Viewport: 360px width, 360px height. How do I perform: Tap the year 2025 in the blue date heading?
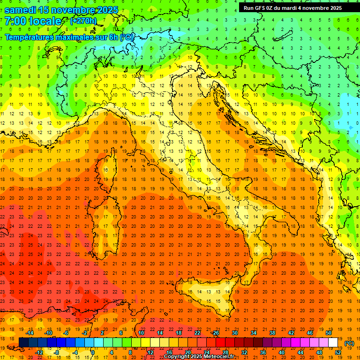tap(106, 10)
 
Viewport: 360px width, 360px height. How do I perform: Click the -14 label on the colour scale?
tap(30, 333)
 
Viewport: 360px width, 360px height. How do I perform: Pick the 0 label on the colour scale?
tap(92, 352)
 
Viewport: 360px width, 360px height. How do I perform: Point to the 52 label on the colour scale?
tap(338, 352)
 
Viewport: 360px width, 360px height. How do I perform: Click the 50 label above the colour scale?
tap(329, 333)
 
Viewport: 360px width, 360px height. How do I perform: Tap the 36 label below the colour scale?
tap(262, 352)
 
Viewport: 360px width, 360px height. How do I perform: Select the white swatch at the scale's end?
tap(333, 343)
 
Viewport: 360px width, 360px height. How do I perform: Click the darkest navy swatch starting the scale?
tap(23, 343)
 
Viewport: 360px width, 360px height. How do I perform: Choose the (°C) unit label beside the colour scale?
tap(349, 343)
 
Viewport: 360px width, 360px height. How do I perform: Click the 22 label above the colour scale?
tap(197, 333)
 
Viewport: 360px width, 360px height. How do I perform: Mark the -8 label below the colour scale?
tap(56, 352)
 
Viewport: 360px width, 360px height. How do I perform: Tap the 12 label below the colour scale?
tap(150, 352)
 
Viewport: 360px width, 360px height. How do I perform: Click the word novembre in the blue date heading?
tap(70, 10)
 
